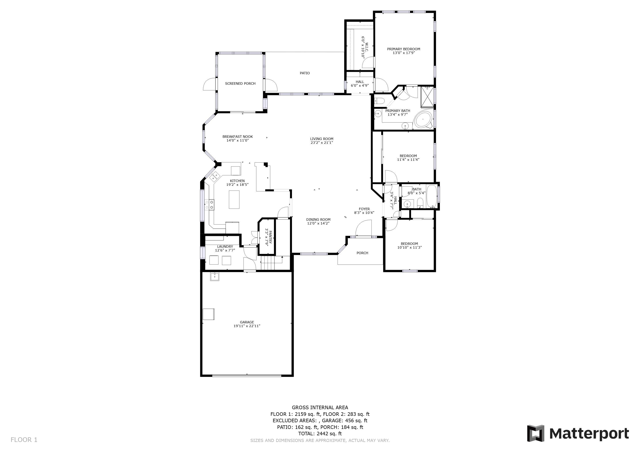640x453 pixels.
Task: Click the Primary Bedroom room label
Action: (403, 49)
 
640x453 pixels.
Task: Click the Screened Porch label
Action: (240, 83)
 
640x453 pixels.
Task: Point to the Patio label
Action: (305, 73)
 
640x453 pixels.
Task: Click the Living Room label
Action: (322, 139)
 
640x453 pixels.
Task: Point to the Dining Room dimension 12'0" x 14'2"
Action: (318, 223)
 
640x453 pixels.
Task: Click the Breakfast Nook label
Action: (238, 137)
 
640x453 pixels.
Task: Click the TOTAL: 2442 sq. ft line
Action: (320, 434)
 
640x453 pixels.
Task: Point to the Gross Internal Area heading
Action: (320, 407)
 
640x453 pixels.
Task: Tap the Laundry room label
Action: (225, 247)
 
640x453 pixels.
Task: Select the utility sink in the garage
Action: (215, 276)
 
